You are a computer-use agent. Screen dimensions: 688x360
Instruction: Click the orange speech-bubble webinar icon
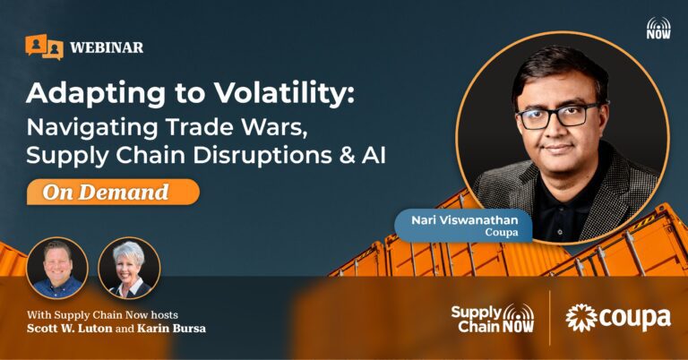44,47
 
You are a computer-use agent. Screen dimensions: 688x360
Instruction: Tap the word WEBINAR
107,47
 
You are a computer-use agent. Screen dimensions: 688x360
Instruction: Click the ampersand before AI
347,156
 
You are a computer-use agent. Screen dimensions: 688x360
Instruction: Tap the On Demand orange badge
113,192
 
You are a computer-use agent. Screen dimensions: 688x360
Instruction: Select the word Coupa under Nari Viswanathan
502,233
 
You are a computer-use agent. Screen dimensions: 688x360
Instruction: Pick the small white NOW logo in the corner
658,29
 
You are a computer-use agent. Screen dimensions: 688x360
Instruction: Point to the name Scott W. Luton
69,329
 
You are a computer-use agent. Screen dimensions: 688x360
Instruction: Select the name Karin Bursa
171,329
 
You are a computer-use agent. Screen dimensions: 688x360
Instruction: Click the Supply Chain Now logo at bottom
493,318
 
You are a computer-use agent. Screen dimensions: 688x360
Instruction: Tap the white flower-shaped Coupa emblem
580,318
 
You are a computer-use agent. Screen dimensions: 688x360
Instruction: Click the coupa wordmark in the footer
634,319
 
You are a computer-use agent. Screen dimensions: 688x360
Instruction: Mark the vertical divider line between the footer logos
550,318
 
